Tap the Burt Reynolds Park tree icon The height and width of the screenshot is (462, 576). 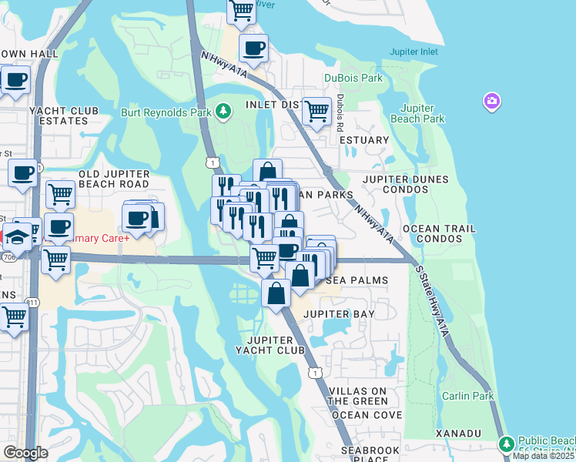[223, 112]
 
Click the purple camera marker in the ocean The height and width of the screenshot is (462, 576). [491, 101]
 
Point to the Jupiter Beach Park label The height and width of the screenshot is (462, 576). [423, 113]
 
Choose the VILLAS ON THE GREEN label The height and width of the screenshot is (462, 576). [358, 397]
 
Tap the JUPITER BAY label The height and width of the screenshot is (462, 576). [339, 314]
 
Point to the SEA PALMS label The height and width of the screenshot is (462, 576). [356, 281]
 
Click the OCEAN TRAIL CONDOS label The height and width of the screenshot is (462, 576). [439, 234]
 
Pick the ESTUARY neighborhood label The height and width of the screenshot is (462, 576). [364, 140]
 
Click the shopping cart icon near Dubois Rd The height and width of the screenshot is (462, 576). [316, 111]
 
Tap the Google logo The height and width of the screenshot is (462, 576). [25, 453]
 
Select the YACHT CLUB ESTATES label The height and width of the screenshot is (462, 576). [64, 115]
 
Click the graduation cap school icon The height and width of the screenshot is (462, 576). [16, 235]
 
